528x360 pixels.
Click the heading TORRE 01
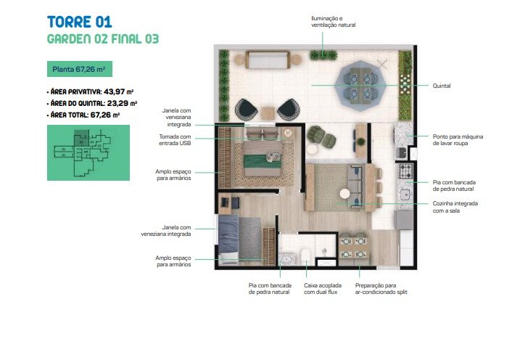pos(79,22)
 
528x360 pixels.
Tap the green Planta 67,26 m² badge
pos(80,69)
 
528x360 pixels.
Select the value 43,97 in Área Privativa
pos(114,91)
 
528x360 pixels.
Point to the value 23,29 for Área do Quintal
pos(117,103)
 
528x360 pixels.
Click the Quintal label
pos(442,86)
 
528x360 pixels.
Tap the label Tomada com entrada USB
pos(175,140)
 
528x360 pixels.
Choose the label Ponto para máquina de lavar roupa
pos(458,140)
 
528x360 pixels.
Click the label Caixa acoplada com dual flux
pos(323,289)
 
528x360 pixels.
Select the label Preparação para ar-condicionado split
pos(381,289)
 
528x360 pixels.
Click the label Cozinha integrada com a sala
pos(455,207)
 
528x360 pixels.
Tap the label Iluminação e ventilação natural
pos(333,22)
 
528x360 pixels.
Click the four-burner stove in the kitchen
pos(405,171)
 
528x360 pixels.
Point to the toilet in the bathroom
pos(306,256)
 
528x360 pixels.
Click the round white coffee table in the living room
pos(345,194)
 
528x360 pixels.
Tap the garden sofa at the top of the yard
pos(268,60)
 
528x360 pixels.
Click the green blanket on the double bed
pos(263,161)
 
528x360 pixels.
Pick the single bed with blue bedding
pos(239,241)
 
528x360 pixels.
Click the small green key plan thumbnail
pos(88,152)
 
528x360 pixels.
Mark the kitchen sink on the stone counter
pos(405,195)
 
